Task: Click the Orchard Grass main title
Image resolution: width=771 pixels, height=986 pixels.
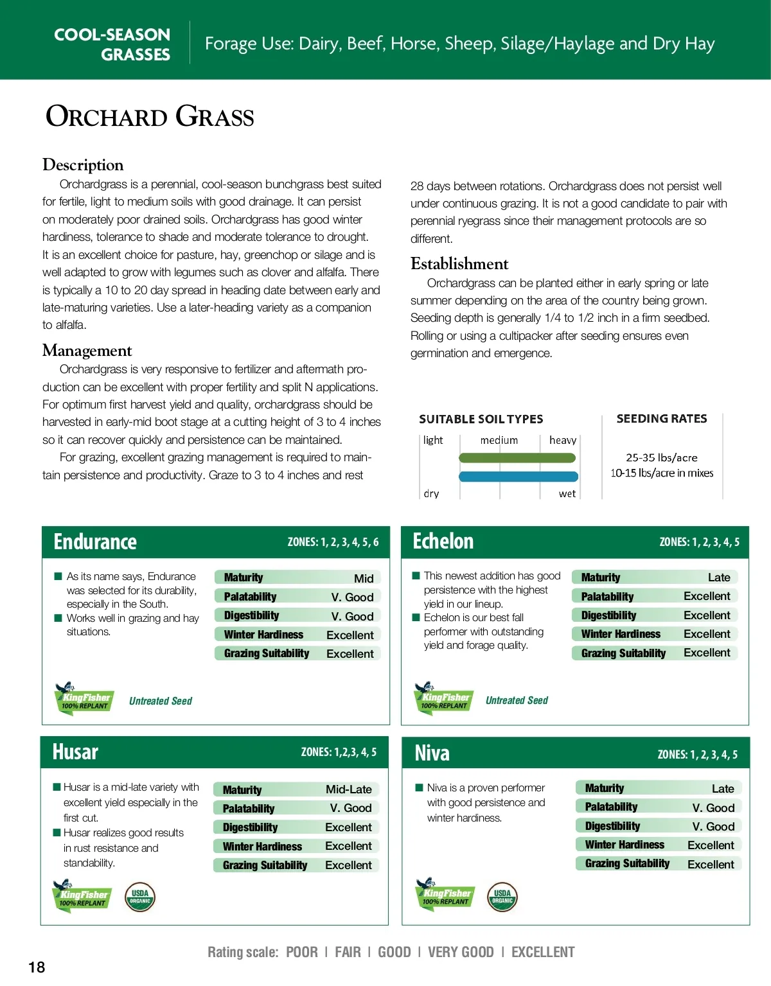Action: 150,117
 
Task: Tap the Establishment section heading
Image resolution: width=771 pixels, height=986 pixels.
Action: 459,264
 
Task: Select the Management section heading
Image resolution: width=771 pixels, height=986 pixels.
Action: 87,351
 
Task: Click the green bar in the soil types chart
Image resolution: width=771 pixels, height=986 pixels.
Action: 517,458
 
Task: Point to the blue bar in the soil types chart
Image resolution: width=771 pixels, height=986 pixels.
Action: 518,477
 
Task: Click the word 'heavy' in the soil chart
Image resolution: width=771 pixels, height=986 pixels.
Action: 562,441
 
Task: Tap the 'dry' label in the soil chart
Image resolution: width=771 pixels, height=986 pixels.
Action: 431,494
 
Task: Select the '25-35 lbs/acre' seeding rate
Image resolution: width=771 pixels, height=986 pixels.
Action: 661,458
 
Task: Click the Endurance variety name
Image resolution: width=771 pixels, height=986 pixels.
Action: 95,542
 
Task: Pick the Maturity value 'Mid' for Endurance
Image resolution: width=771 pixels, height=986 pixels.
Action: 364,578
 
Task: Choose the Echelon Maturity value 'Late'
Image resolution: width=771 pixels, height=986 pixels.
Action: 719,577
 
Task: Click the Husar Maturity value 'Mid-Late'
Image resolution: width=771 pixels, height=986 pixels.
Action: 348,789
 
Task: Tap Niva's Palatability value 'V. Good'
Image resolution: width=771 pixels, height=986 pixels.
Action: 713,808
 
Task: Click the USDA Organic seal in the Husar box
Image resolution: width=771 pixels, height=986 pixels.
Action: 140,897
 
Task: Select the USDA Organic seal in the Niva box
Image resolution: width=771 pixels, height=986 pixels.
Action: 502,897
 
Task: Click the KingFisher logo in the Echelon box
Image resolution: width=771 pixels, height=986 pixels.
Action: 444,699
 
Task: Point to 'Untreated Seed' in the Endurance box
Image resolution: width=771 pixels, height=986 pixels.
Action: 161,701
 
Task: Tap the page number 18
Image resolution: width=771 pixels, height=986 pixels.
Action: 37,967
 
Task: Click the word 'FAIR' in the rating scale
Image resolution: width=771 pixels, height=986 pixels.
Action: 348,953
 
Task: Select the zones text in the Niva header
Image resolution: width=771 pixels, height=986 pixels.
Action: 697,755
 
